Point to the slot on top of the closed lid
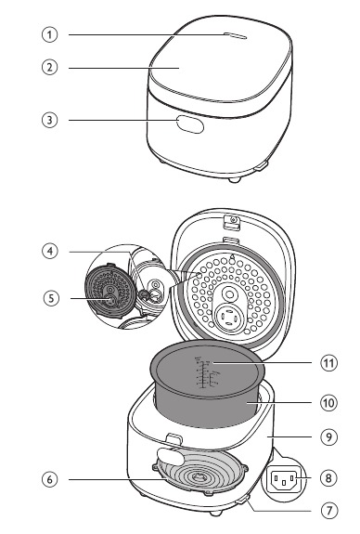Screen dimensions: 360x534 [232, 36]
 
